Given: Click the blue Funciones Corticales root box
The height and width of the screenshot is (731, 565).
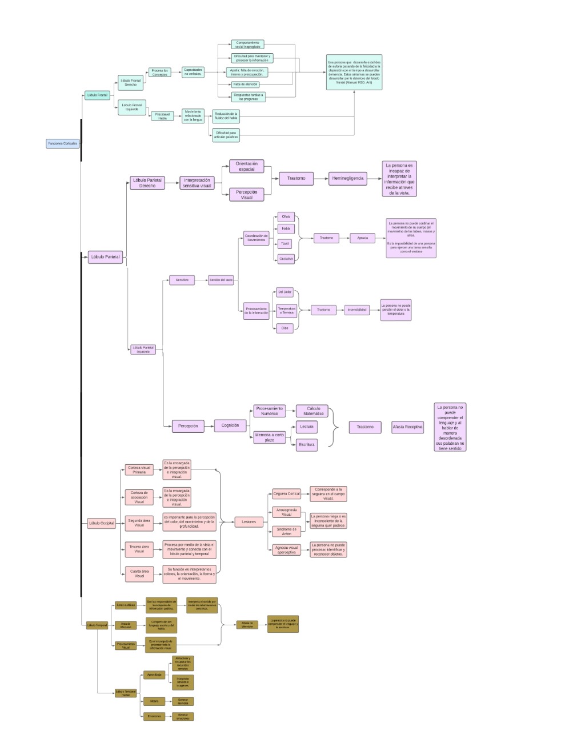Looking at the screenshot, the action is coord(62,143).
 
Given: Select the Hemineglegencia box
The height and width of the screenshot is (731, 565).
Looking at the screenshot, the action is coord(347,178).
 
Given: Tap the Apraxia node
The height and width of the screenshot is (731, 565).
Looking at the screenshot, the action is coord(362,238).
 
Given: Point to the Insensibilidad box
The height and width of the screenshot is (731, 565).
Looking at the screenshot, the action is coord(357,310).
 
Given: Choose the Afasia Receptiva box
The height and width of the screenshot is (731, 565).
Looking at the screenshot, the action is coord(407,427).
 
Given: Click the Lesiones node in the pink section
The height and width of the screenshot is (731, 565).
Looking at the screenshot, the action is coord(249,521).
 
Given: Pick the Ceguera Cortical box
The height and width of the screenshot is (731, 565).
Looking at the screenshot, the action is coord(286,493).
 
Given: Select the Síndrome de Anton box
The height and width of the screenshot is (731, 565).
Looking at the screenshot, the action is coord(286,531).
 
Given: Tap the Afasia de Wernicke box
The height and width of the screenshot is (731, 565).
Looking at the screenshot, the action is coord(247,625).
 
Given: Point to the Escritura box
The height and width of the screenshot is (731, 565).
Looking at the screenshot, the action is coord(306,444).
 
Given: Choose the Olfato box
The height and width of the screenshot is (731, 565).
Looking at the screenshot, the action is coord(286,217).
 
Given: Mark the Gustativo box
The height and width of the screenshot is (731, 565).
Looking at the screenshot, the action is coord(286,259).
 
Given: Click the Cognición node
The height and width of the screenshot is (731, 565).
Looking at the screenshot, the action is coord(230,425).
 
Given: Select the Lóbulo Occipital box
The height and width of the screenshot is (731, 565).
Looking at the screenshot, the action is coord(102,523).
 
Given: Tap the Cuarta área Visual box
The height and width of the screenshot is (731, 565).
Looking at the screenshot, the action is coord(139,573).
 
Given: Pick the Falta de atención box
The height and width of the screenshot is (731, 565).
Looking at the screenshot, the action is coord(245,84).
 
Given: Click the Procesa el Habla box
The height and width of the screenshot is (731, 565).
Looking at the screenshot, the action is coord(162,116).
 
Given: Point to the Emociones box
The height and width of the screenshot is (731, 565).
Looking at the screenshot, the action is coord(154,716).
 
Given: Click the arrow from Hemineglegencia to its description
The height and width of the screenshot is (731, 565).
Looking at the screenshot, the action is coord(374,178).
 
